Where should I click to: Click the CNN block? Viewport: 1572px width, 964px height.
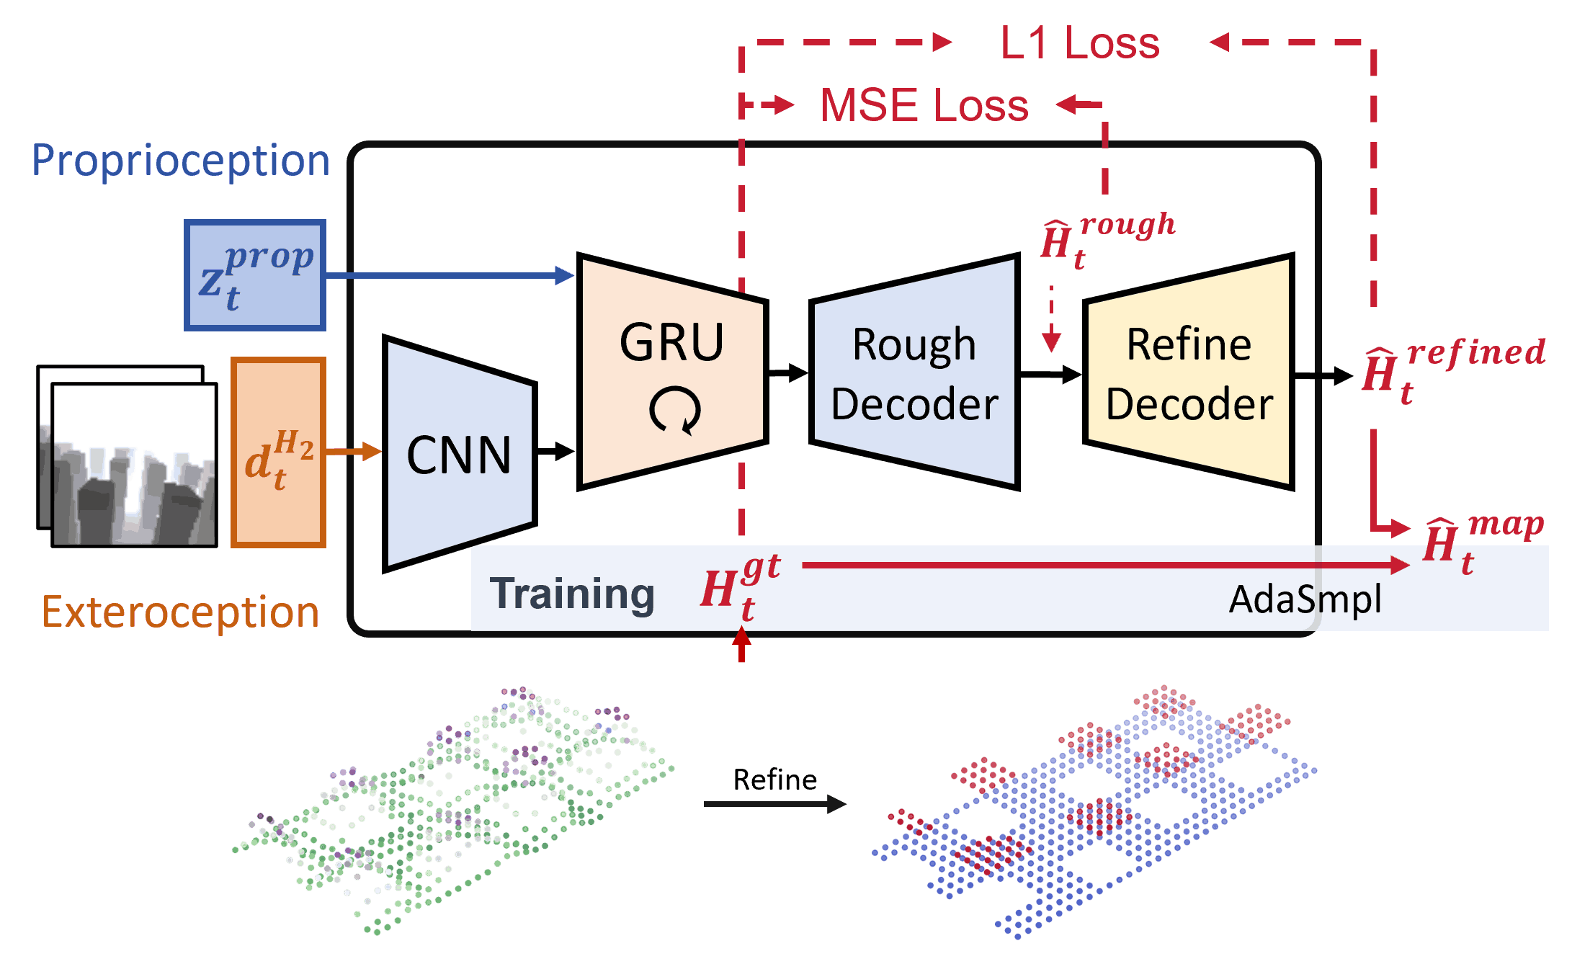point(460,455)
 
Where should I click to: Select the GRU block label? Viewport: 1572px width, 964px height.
point(671,343)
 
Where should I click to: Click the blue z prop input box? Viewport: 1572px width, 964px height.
point(255,275)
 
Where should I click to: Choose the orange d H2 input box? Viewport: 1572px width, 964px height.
point(279,453)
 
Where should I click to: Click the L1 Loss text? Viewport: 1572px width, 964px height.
point(1079,43)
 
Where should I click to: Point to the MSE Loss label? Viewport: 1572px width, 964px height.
point(924,105)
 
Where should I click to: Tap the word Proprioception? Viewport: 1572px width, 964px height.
point(180,160)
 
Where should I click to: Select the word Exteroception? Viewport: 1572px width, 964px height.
point(180,612)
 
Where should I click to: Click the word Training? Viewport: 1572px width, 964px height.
point(572,594)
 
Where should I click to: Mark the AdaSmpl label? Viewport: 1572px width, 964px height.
point(1305,599)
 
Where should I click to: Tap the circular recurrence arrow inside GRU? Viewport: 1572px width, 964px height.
point(674,411)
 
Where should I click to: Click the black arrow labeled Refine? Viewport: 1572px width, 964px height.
point(774,803)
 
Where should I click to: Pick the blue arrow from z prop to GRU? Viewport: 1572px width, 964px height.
point(447,275)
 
